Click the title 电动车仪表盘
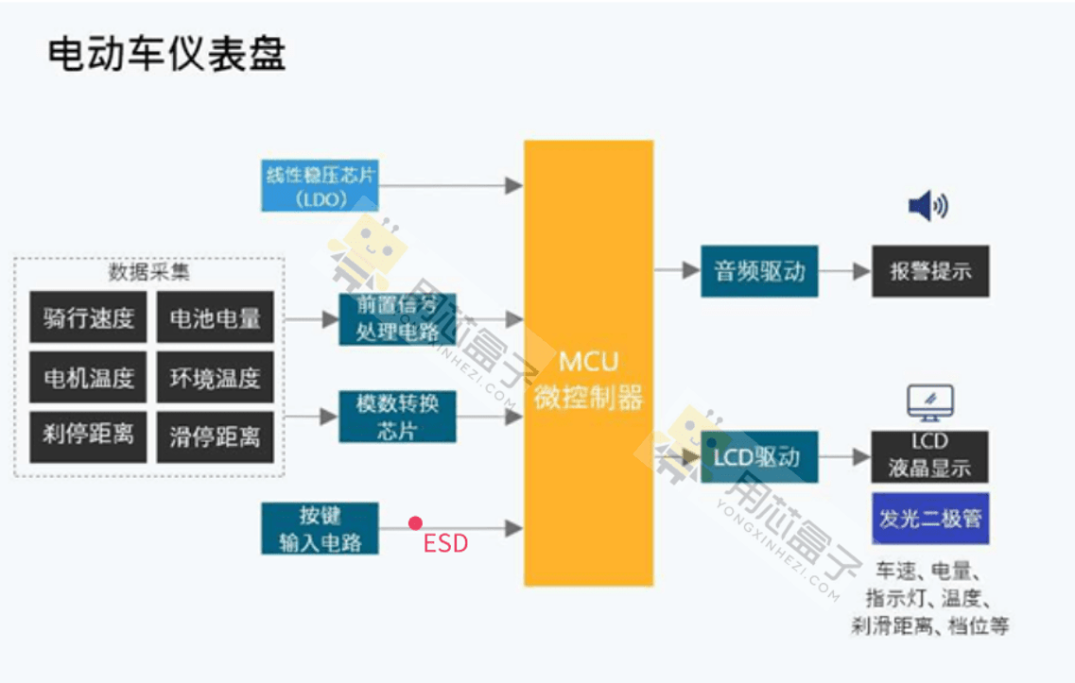point(166,55)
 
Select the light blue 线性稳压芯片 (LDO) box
point(320,185)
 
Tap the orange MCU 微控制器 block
point(588,363)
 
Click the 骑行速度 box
point(88,317)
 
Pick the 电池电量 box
point(215,317)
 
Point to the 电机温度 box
point(88,377)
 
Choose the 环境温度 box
point(215,377)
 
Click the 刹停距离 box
point(88,435)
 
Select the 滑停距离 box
point(215,435)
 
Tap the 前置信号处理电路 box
point(397,318)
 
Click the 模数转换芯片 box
point(397,416)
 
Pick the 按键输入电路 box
point(320,528)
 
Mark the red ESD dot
point(415,522)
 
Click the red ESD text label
point(444,544)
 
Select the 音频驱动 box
point(759,271)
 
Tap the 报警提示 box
point(929,271)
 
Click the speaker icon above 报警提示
point(928,206)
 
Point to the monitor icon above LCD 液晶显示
point(929,402)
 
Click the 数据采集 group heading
point(148,273)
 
